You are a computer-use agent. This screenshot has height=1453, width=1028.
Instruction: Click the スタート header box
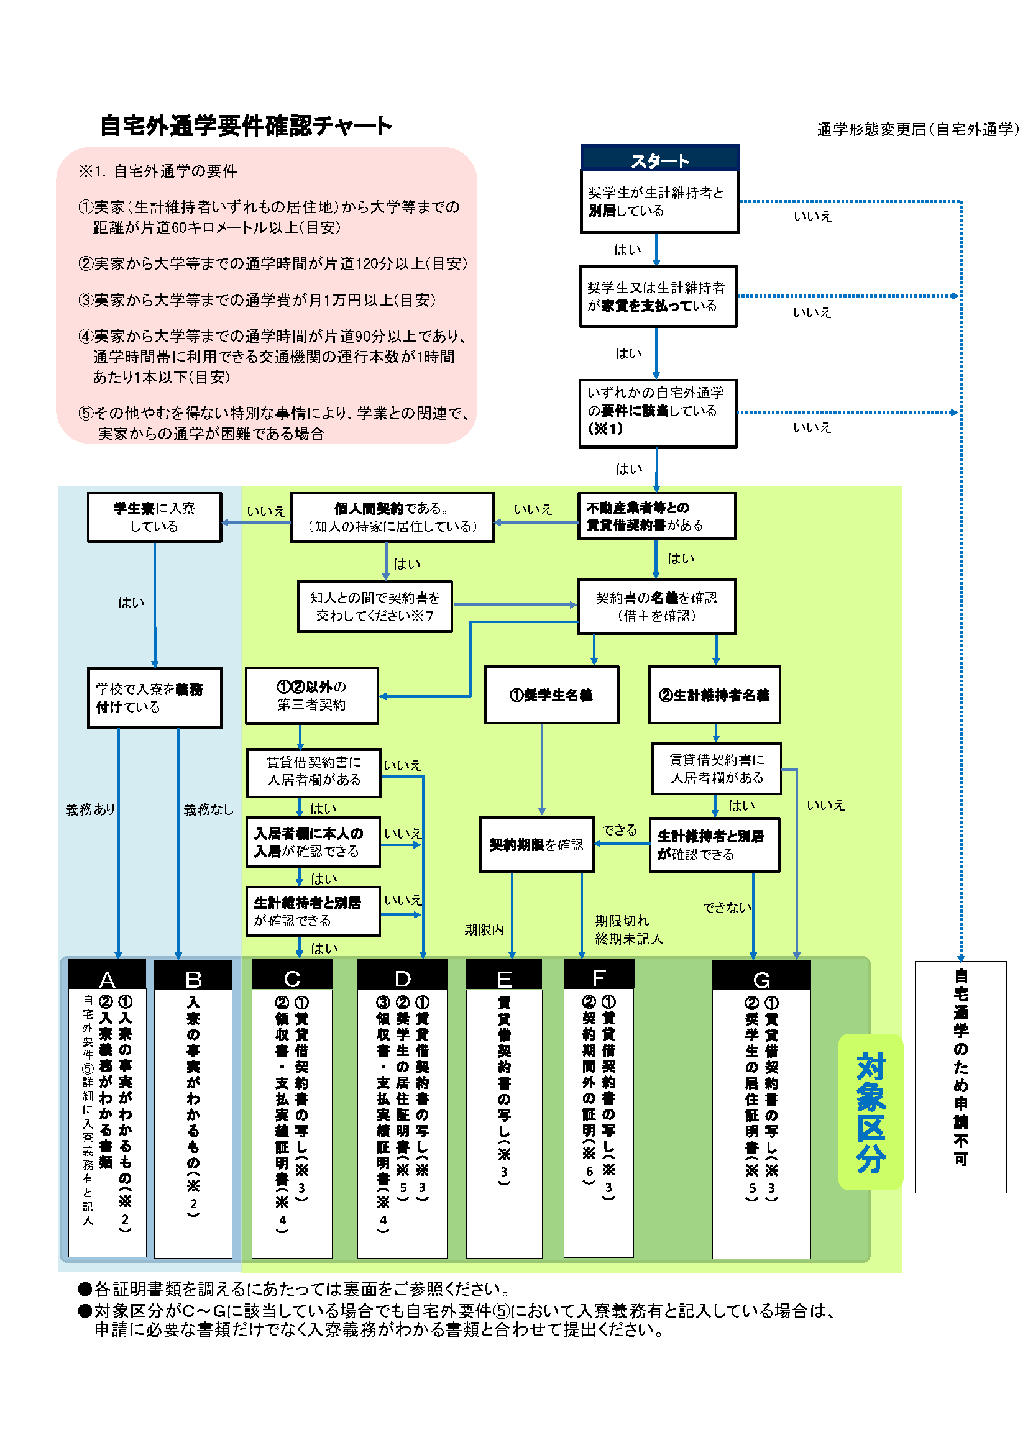[659, 159]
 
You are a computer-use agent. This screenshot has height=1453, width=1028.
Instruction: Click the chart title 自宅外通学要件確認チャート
[246, 125]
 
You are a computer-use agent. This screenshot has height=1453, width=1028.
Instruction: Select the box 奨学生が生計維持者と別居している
[659, 202]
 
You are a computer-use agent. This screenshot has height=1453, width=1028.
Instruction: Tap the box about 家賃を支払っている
[658, 297]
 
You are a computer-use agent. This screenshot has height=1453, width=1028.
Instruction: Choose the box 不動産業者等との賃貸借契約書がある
[656, 516]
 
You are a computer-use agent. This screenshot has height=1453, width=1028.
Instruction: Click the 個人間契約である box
[392, 517]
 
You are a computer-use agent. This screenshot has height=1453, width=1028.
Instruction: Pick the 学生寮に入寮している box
[155, 517]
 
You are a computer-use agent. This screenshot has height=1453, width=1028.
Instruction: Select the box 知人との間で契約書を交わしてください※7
[375, 606]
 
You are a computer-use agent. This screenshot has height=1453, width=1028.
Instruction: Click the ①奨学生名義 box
[551, 695]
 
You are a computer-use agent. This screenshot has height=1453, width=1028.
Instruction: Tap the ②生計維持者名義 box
[714, 695]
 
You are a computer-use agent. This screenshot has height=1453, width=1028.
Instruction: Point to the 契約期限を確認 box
[536, 845]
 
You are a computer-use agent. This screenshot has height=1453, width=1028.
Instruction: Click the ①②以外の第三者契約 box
[311, 696]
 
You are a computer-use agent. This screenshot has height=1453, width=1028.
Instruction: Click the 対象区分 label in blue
[870, 1113]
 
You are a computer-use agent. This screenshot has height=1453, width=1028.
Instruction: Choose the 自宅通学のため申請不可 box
[960, 1077]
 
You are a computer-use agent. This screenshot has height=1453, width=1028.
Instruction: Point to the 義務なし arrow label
[208, 809]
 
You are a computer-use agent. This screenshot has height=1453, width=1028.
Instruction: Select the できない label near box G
[727, 908]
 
